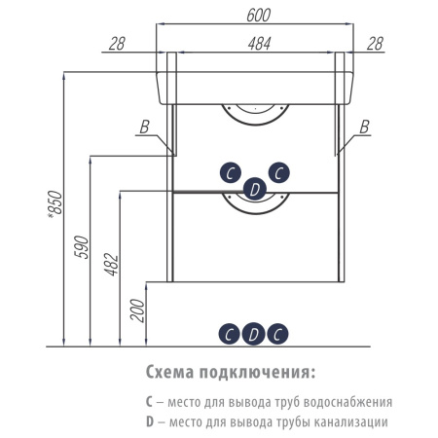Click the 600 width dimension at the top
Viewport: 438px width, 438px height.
click(x=258, y=16)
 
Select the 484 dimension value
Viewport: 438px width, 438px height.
click(x=259, y=44)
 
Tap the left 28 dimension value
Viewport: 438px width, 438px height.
click(x=117, y=44)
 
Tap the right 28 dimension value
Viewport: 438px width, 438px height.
click(x=376, y=44)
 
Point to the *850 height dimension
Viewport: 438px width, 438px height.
click(x=55, y=203)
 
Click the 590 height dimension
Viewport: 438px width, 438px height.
click(x=82, y=247)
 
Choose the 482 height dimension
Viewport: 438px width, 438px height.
click(x=112, y=265)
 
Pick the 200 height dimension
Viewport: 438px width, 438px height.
click(x=137, y=310)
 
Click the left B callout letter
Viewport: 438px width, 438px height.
click(x=144, y=127)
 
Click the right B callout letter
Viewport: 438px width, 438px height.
click(x=365, y=127)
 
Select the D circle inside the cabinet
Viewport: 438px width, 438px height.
click(x=255, y=189)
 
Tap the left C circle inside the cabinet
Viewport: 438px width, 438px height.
click(x=231, y=172)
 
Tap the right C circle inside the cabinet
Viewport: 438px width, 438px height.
click(x=279, y=172)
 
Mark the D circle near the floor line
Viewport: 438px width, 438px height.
click(x=254, y=334)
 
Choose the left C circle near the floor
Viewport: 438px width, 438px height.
click(x=230, y=334)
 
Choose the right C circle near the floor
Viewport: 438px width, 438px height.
click(x=277, y=334)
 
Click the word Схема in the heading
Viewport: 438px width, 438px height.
click(x=169, y=372)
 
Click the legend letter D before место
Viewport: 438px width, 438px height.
click(x=150, y=421)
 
